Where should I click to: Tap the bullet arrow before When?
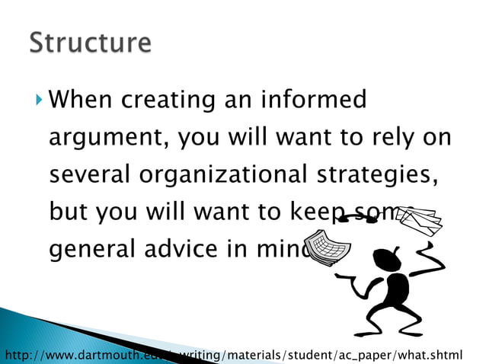pos(39,99)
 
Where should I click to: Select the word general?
pos(93,249)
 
